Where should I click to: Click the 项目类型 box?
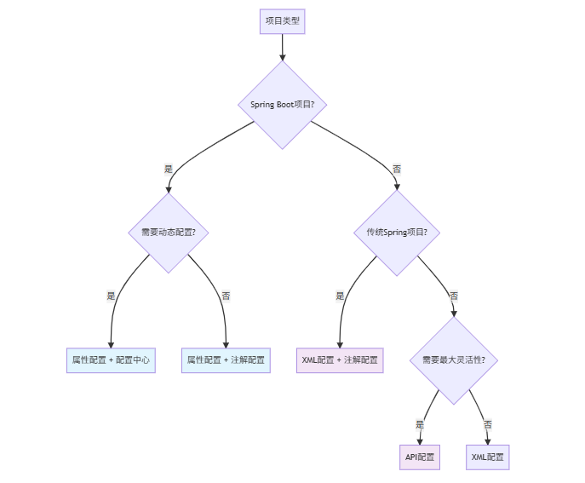tap(282, 20)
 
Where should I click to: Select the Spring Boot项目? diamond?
tap(282, 104)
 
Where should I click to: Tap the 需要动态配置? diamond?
tap(169, 232)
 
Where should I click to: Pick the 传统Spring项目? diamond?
tap(397, 232)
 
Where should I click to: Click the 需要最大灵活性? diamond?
tap(454, 360)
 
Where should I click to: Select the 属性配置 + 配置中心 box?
tap(111, 360)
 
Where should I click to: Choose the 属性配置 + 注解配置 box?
tap(226, 360)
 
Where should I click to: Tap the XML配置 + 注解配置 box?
tap(340, 360)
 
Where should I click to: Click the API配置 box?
tap(420, 457)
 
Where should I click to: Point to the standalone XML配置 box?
tap(488, 457)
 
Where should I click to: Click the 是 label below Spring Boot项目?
tap(169, 169)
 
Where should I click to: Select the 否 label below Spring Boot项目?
tap(397, 169)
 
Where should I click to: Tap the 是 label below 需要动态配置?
tap(111, 296)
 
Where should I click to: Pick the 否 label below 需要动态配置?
tap(226, 296)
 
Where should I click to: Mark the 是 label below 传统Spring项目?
tap(340, 296)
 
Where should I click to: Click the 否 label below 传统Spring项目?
tap(454, 296)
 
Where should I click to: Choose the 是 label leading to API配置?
tap(420, 423)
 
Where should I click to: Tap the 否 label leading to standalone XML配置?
tap(488, 423)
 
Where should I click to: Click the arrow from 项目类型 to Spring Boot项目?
tap(282, 47)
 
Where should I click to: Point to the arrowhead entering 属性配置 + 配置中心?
tap(111, 343)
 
